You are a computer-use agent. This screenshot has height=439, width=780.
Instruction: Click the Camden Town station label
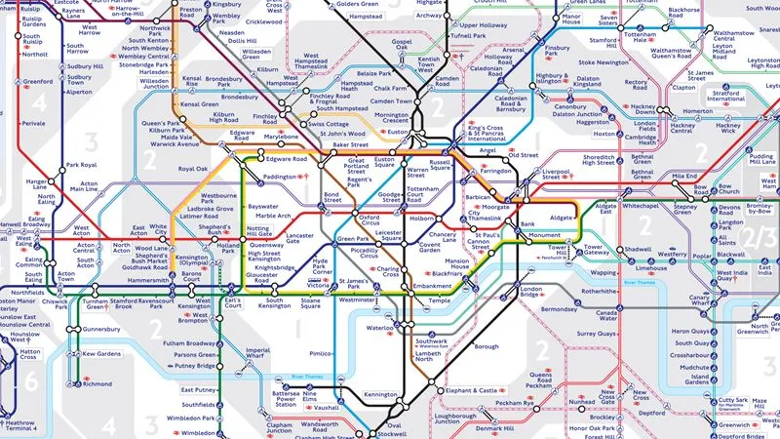point(390,101)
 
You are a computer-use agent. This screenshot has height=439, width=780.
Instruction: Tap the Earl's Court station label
point(233,303)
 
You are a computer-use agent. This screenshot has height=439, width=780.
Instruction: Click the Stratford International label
point(725,98)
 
